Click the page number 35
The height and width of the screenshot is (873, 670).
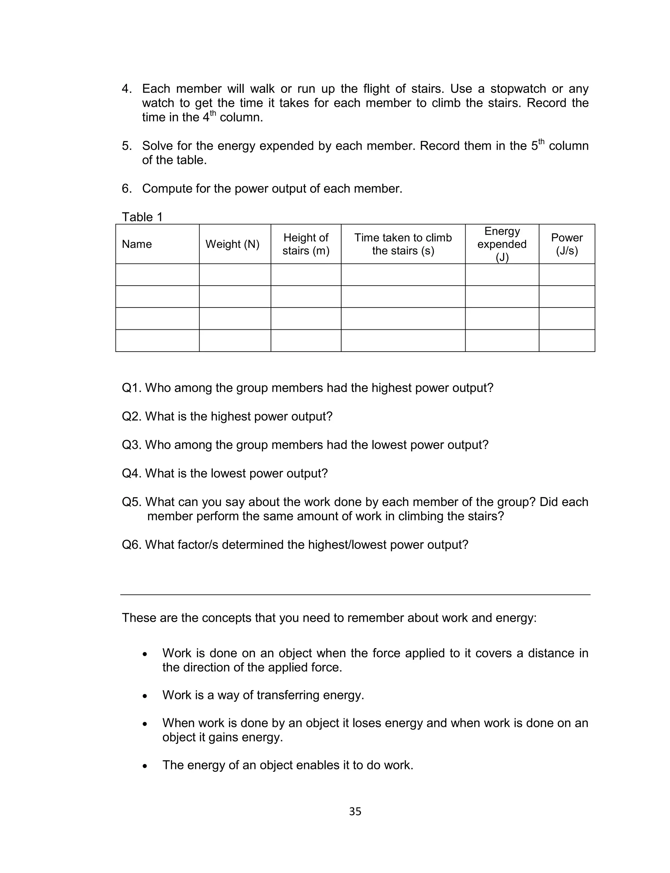click(355, 812)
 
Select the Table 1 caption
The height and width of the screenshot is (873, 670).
click(142, 217)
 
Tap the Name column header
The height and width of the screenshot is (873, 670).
click(137, 244)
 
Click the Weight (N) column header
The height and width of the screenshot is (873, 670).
click(232, 244)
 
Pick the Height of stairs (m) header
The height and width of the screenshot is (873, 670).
click(306, 244)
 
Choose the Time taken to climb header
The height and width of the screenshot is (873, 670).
click(403, 244)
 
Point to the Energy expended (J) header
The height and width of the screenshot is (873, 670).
click(502, 244)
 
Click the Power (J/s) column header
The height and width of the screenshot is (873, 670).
click(567, 244)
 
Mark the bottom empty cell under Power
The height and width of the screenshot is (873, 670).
click(567, 340)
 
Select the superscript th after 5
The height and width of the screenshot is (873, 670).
click(541, 142)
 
